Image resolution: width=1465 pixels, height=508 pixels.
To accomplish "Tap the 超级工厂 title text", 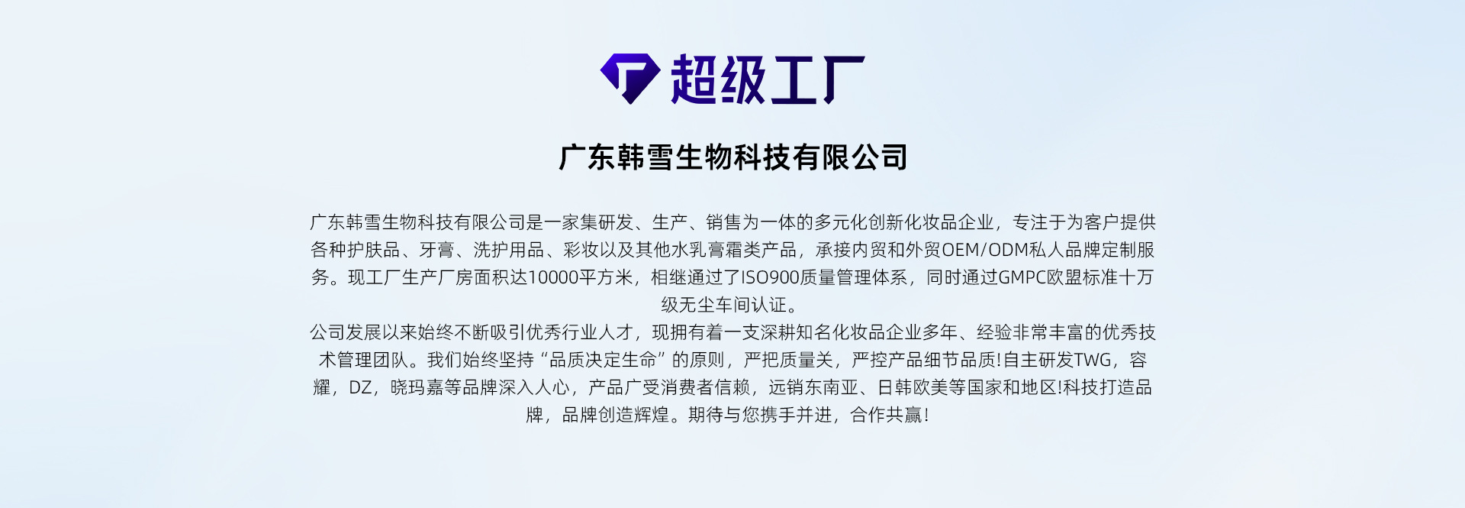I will point(767,79).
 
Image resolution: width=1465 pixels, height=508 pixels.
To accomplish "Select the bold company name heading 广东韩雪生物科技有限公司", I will point(733,157).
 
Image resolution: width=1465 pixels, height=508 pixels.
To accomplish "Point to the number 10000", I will point(552,277).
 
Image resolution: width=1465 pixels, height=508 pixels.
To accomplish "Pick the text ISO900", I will point(770,277).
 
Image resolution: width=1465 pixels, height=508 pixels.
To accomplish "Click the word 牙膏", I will point(437,250).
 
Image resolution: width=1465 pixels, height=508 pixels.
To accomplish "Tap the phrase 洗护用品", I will point(509,250).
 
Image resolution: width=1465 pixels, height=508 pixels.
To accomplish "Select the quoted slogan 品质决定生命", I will point(603,360).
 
